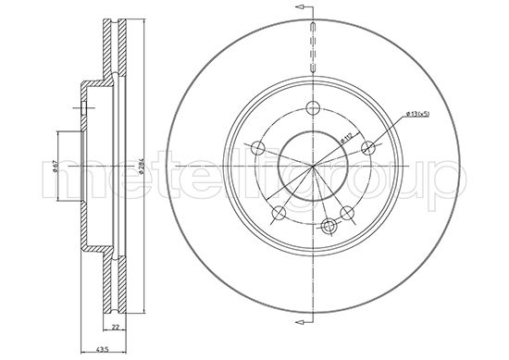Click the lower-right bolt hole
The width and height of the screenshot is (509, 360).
point(349,214)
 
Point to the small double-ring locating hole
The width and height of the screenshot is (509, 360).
point(328,225)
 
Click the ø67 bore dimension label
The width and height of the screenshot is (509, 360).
point(55,166)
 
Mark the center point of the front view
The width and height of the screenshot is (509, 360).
point(315,167)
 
